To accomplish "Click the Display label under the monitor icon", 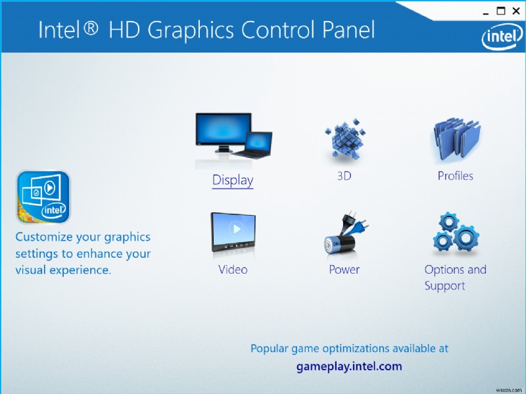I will [233, 180].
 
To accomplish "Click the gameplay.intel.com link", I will [348, 366].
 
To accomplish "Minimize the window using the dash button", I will [485, 11].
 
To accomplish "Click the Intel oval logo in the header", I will [502, 38].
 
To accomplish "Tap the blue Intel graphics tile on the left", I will [43, 197].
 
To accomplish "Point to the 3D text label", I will [344, 176].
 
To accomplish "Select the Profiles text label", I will [455, 176].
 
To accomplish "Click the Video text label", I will [233, 270].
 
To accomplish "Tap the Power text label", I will [344, 270].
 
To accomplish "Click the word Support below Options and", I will [444, 286].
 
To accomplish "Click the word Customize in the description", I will [45, 237].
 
